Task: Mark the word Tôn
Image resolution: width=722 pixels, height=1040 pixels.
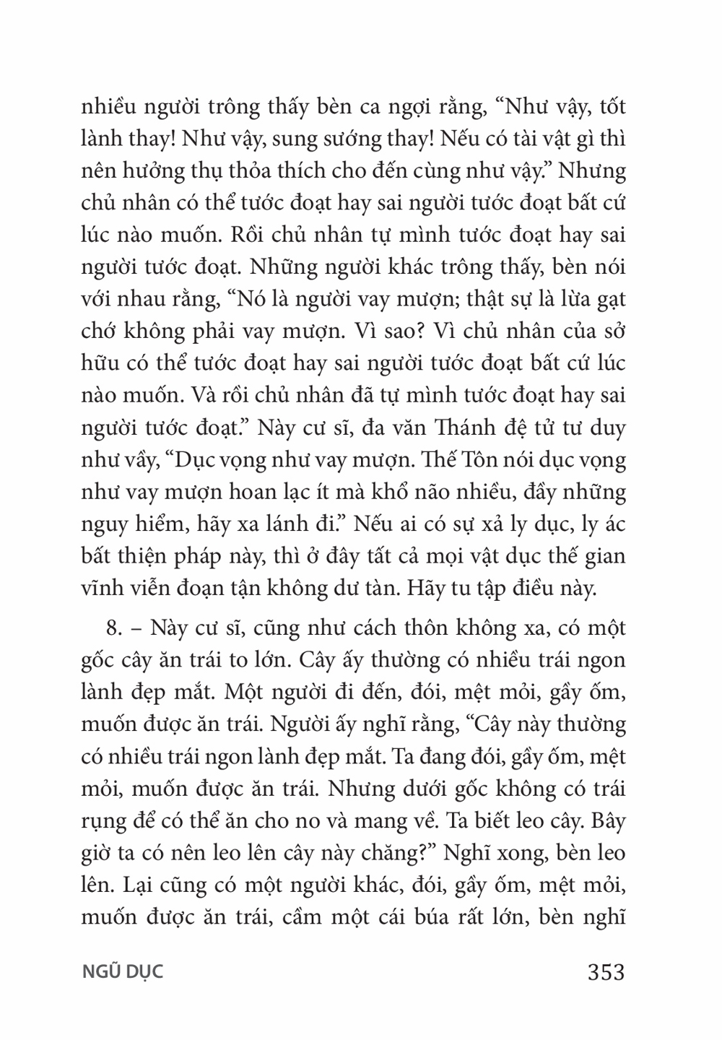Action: (460, 461)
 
